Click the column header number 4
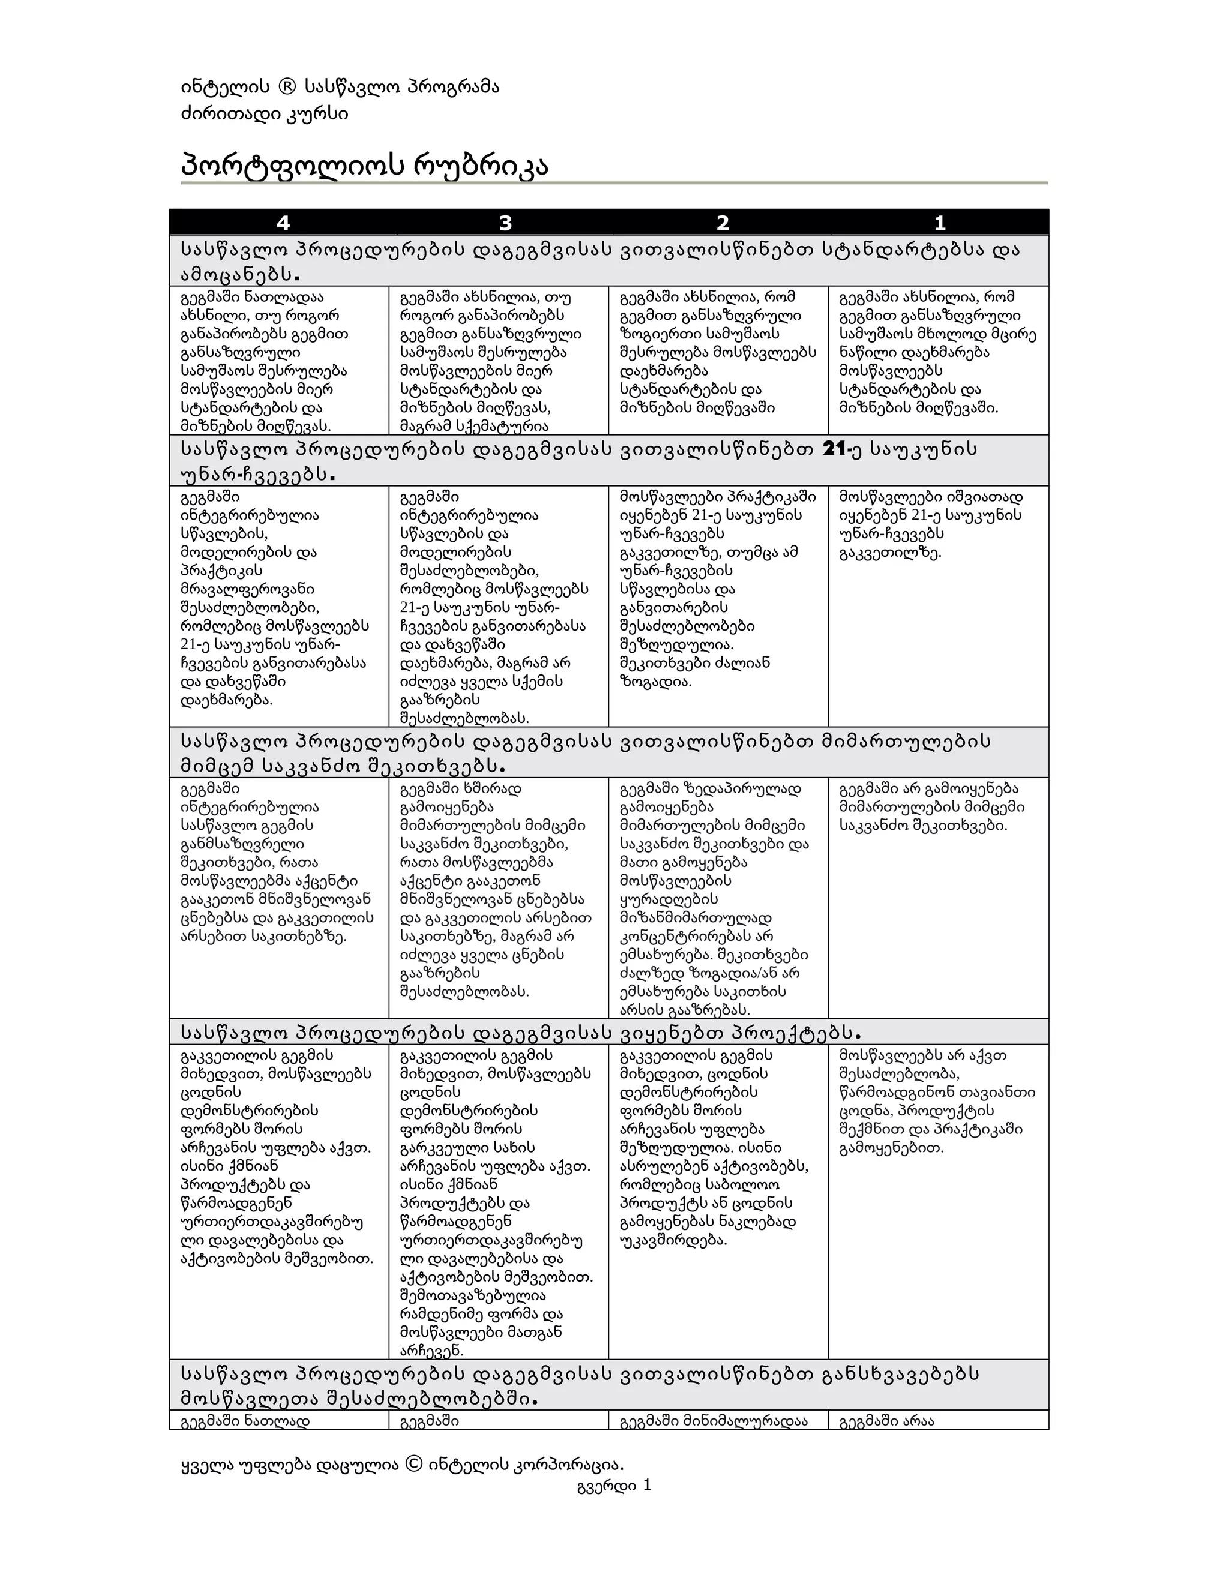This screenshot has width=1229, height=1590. pyautogui.click(x=283, y=223)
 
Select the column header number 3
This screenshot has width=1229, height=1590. pyautogui.click(x=505, y=223)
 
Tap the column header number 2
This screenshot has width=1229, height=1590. pyautogui.click(x=723, y=223)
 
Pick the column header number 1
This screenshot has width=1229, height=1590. pyautogui.click(x=939, y=223)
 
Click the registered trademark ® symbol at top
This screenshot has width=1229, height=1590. pyautogui.click(x=287, y=88)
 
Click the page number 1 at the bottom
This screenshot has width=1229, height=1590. pyautogui.click(x=646, y=1485)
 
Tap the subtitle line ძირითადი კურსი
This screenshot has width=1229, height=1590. pyautogui.click(x=263, y=114)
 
